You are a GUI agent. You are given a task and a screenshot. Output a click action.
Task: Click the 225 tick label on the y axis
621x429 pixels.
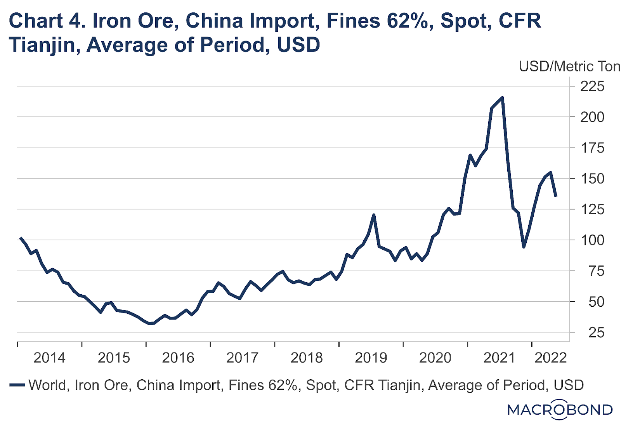(592, 86)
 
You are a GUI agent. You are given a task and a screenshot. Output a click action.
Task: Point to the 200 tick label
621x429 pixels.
(592, 117)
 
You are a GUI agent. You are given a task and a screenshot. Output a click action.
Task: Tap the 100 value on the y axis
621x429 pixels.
(592, 240)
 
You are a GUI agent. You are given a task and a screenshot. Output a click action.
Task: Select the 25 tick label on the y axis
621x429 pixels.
(596, 332)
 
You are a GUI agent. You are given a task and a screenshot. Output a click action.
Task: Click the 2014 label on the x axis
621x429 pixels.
(49, 358)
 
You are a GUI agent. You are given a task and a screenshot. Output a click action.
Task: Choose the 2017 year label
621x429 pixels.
(242, 358)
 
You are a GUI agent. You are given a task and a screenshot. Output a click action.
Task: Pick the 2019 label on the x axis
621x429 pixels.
(371, 358)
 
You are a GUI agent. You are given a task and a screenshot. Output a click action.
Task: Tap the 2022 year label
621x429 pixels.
(550, 358)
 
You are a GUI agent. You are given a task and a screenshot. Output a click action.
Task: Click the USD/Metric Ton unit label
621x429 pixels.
(569, 66)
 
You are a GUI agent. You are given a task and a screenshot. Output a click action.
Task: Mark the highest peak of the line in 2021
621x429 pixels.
(503, 97)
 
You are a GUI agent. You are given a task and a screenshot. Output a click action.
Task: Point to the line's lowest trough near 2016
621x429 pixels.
(151, 323)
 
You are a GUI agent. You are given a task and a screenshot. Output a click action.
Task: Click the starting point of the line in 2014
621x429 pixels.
(20, 238)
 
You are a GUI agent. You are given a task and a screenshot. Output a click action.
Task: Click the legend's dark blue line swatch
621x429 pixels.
(17, 385)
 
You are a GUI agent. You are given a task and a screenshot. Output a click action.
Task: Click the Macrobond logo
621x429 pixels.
(560, 410)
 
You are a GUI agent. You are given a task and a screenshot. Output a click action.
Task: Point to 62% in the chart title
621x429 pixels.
(410, 21)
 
